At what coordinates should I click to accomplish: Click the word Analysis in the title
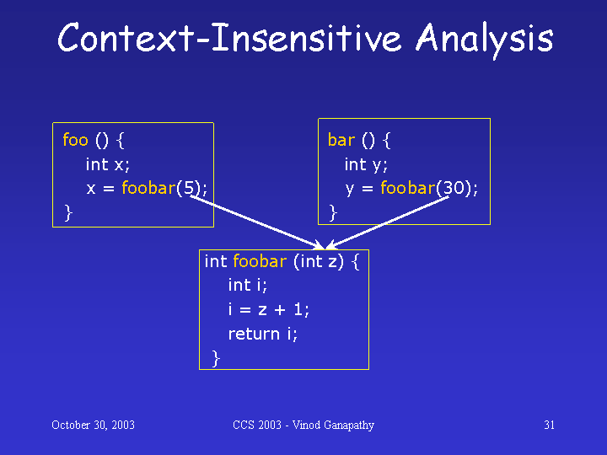pos(485,40)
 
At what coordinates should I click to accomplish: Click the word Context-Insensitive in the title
pos(229,38)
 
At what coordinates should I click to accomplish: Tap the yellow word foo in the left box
pos(76,140)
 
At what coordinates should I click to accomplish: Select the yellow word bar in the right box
pos(341,140)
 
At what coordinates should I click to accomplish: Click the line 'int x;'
pos(108,164)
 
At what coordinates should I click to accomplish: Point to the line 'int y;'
pos(366,165)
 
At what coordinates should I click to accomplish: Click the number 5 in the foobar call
pos(189,188)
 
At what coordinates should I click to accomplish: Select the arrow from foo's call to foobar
pos(258,222)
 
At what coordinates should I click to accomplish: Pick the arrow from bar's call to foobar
pos(387,222)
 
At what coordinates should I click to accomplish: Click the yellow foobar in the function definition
pos(260,261)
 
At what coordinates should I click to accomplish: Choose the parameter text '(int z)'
pos(319,262)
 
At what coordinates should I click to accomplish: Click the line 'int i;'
pos(247,286)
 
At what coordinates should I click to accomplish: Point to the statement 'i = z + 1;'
pos(269,309)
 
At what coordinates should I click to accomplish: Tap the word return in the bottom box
pos(254,335)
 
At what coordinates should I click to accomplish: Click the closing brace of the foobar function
pos(216,358)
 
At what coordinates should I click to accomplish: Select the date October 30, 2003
pos(94,426)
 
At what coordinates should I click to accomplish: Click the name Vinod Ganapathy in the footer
pos(333,426)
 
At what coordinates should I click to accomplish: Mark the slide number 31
pos(550,426)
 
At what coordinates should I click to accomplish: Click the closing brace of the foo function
pos(68,213)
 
